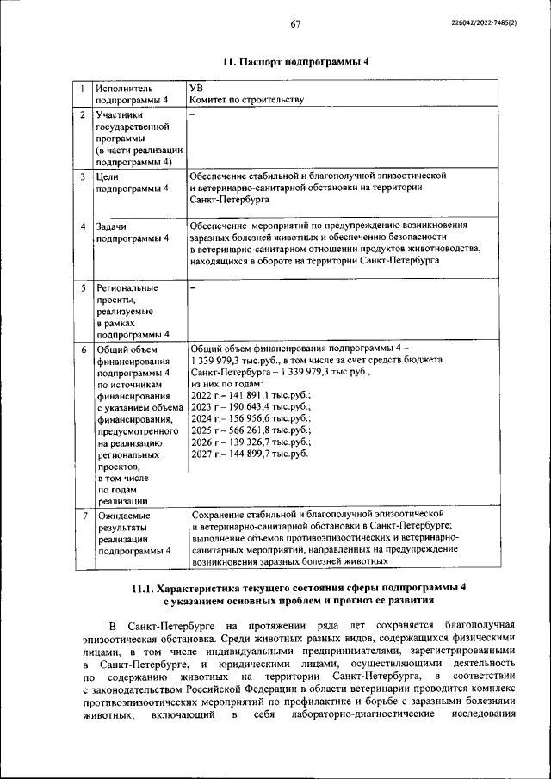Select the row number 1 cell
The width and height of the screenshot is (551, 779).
82,88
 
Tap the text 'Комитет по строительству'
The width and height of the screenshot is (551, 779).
247,100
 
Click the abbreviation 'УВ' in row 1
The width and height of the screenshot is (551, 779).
196,88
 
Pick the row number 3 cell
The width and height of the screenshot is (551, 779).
82,176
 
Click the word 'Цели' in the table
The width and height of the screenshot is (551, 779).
109,176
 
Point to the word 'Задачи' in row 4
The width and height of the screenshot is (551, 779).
114,226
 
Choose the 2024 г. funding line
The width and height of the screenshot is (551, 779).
251,418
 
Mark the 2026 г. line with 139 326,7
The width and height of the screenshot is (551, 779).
251,442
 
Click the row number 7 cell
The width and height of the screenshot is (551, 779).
82,515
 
